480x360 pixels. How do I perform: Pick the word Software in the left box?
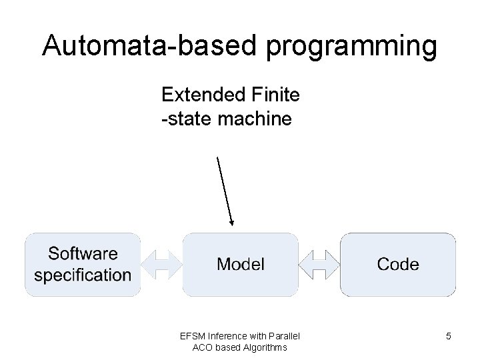click(x=83, y=253)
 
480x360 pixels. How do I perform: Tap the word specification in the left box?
click(x=83, y=275)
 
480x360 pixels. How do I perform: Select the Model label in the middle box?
click(x=240, y=264)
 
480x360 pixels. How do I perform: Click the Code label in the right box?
click(x=398, y=264)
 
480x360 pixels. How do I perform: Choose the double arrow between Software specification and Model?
click(x=161, y=264)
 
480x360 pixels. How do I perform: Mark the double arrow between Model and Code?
click(x=319, y=264)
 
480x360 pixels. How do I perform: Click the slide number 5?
click(x=449, y=337)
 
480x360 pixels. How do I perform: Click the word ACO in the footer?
click(x=203, y=347)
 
